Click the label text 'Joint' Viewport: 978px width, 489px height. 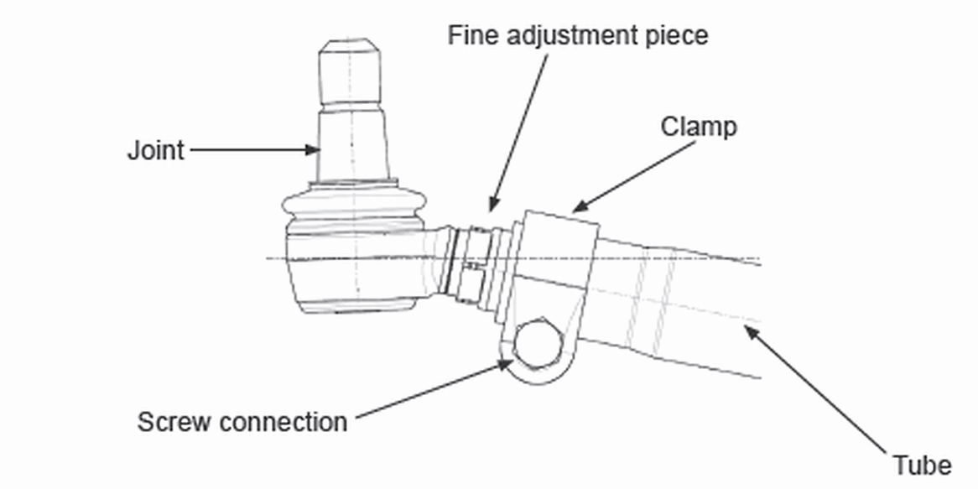point(155,151)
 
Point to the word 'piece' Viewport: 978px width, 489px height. point(675,36)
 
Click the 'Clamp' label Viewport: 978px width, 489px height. point(699,127)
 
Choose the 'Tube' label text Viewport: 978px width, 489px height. point(922,465)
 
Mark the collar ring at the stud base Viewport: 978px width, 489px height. point(351,181)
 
